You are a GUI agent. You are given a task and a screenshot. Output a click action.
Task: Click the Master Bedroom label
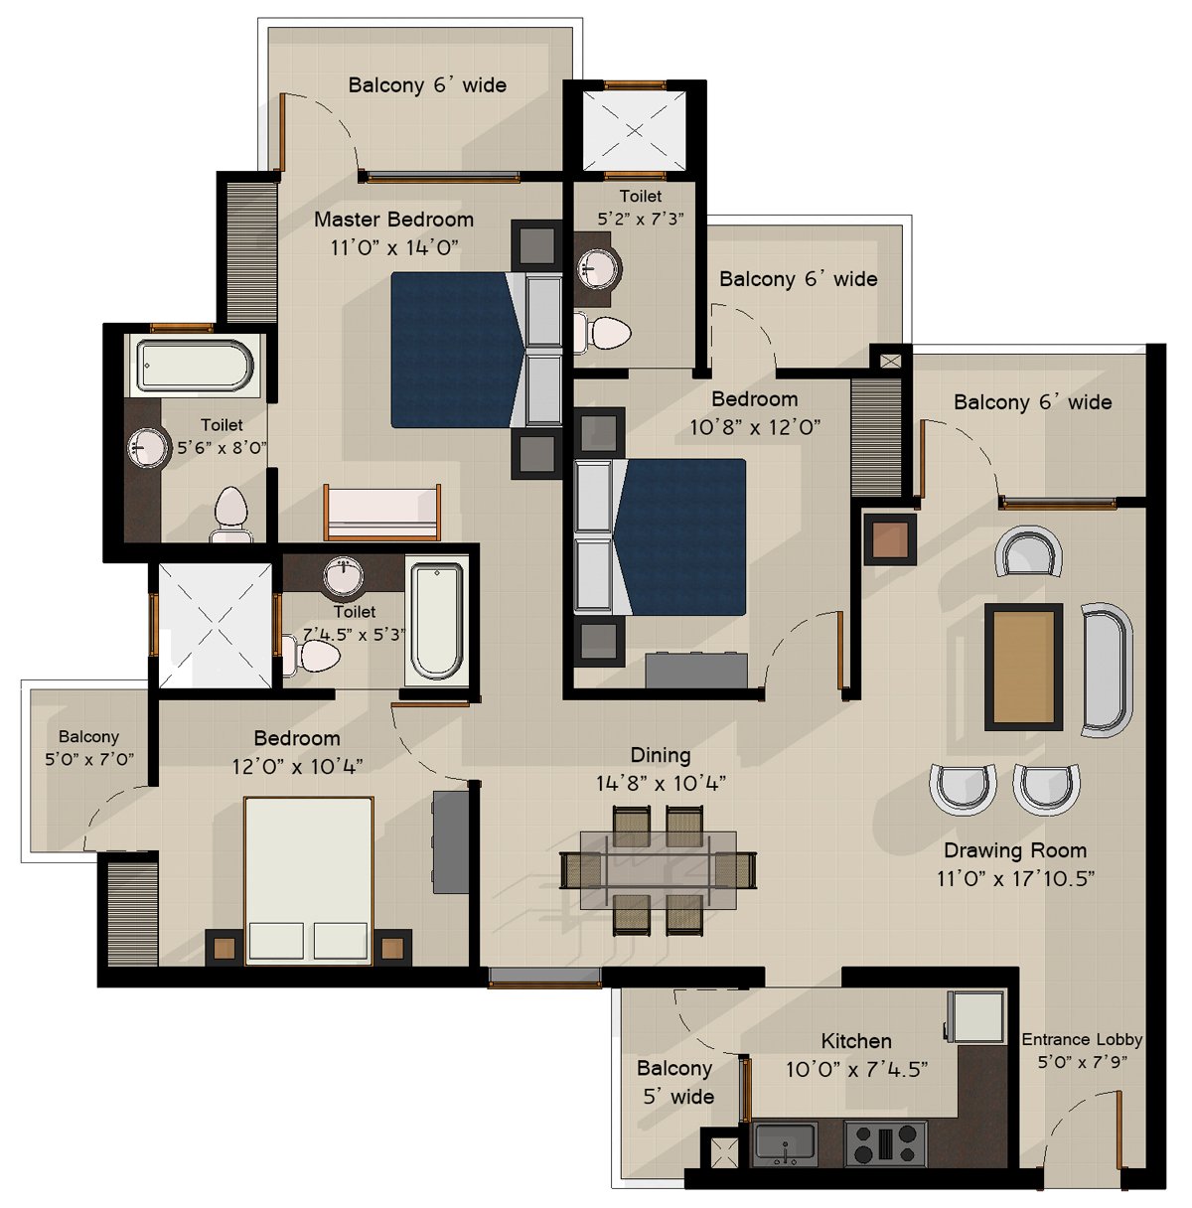coord(393,220)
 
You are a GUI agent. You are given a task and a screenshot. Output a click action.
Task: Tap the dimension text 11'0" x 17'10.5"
coord(1016,878)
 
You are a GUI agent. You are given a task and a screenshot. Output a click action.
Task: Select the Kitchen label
coord(856,1041)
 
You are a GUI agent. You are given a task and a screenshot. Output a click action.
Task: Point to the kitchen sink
coord(785,1143)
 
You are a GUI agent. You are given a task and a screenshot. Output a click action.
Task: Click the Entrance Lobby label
coord(1082,1039)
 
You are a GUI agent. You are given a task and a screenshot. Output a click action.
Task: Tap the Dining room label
coord(661,755)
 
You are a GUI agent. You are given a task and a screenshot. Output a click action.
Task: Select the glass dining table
coord(659,869)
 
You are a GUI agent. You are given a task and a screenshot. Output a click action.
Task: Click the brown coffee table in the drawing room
coord(1023,667)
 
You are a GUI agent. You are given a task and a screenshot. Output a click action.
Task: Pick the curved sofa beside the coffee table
coord(1107,670)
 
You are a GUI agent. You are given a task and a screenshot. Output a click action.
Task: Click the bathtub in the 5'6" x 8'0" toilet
coord(195,366)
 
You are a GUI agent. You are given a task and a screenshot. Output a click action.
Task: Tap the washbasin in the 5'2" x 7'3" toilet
coord(599,269)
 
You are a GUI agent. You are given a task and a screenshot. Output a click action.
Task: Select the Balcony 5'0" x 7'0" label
coord(89,748)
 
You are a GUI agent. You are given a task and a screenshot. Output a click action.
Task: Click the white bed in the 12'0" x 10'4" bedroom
coord(309,880)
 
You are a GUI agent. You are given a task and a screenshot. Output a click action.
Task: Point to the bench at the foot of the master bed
coord(381,513)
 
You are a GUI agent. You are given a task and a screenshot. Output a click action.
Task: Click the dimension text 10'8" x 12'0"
coord(755,427)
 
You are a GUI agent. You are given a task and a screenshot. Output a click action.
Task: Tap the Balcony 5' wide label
coord(675,1082)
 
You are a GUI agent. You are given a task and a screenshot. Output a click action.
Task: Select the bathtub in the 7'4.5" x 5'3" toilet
coord(436,622)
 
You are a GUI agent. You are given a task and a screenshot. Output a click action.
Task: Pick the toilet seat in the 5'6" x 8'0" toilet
coord(230,516)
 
